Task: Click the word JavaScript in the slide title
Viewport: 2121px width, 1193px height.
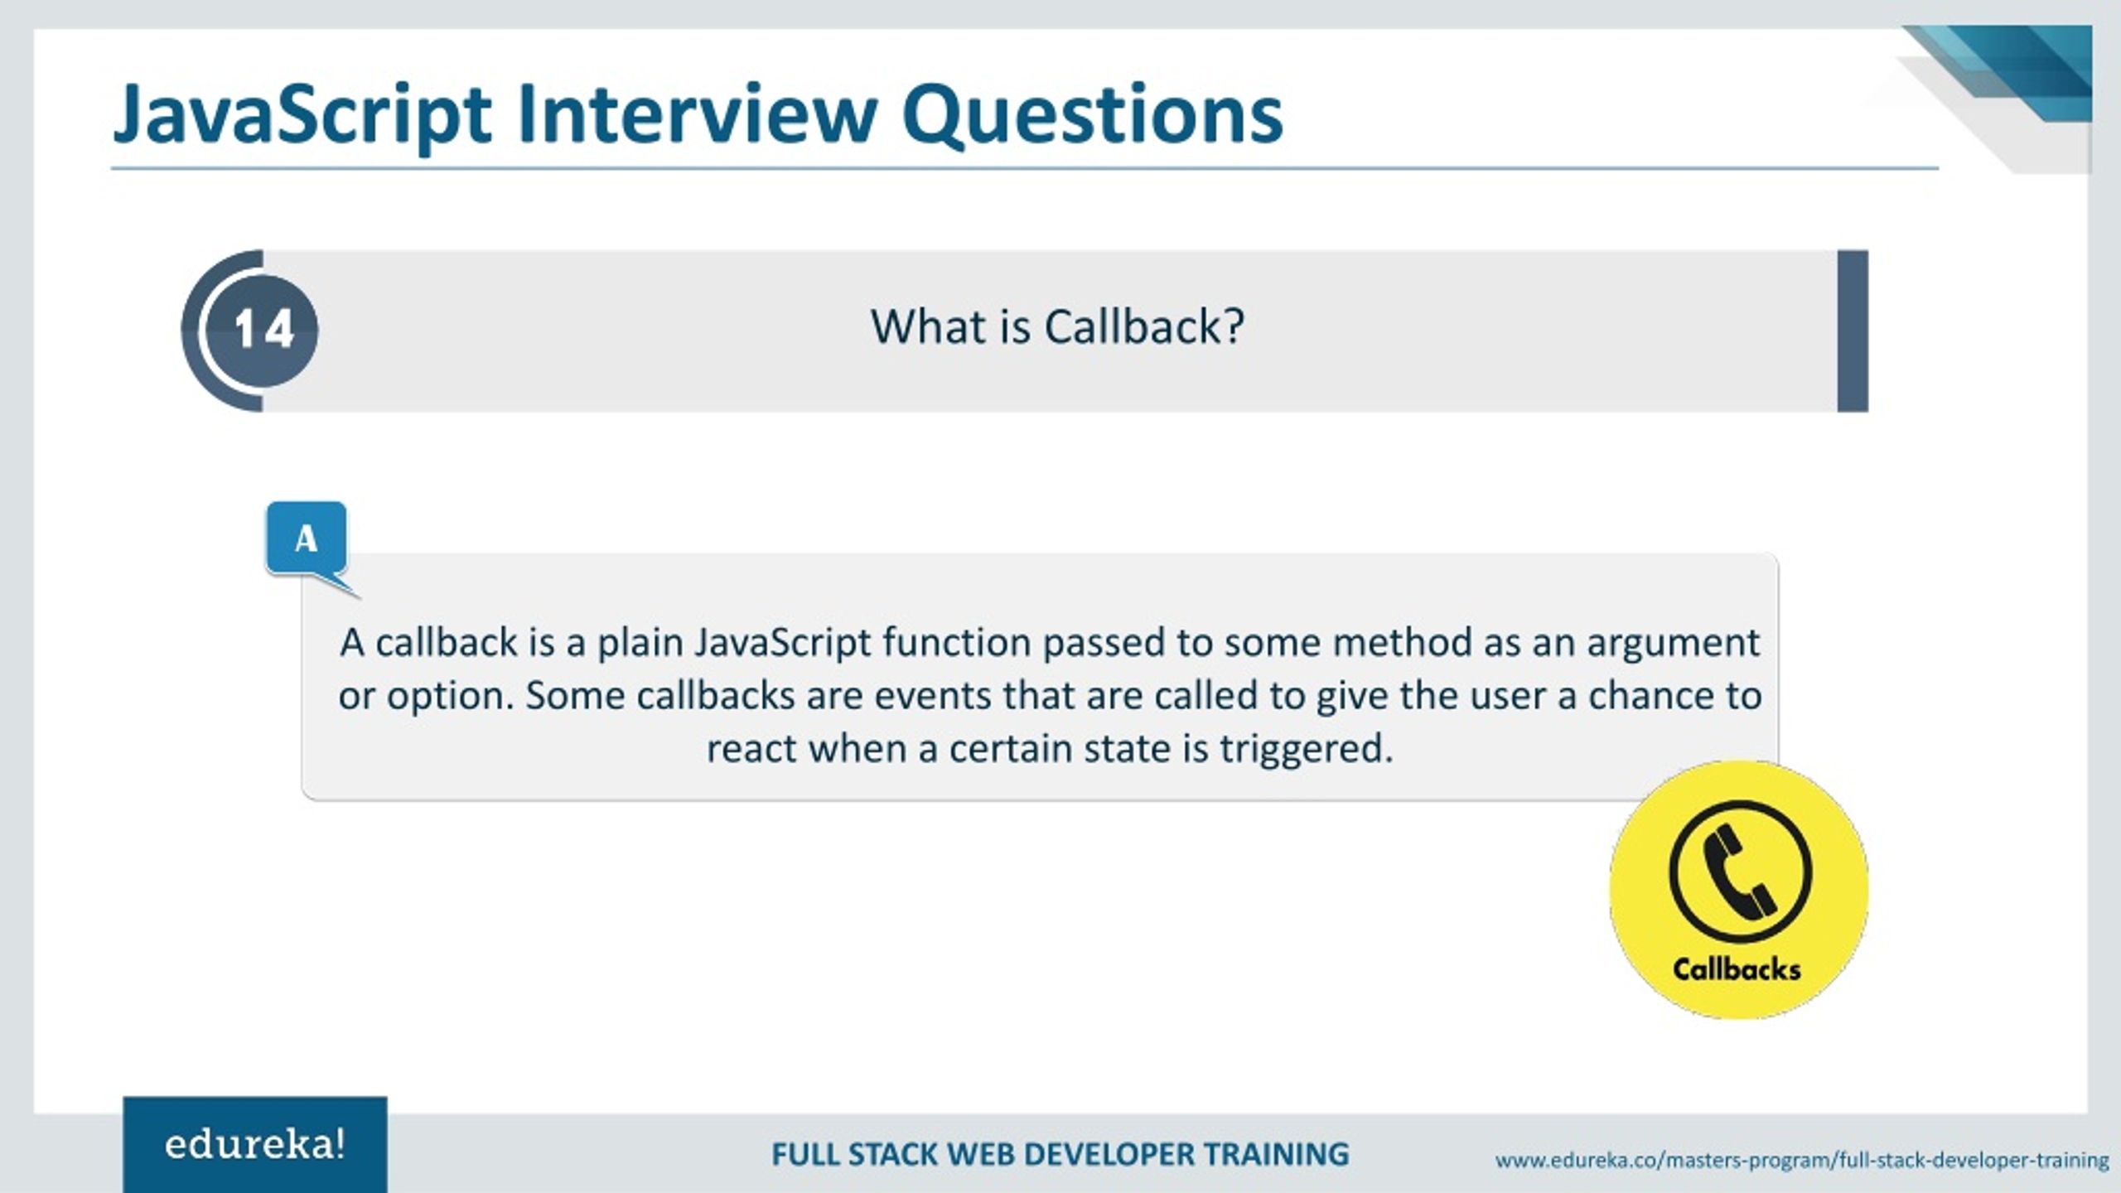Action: tap(302, 116)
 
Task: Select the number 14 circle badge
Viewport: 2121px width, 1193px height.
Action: tap(263, 330)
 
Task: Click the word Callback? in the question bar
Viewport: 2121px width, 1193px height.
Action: tap(1143, 327)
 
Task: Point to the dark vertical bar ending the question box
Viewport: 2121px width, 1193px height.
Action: tap(1853, 331)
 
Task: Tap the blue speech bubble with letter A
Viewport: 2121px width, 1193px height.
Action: tap(306, 539)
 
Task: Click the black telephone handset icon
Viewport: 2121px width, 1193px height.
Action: tap(1738, 872)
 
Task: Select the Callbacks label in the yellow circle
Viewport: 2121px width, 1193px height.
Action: tap(1737, 969)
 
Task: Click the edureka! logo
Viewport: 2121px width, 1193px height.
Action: tap(254, 1145)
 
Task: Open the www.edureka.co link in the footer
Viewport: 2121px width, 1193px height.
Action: tap(1801, 1161)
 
